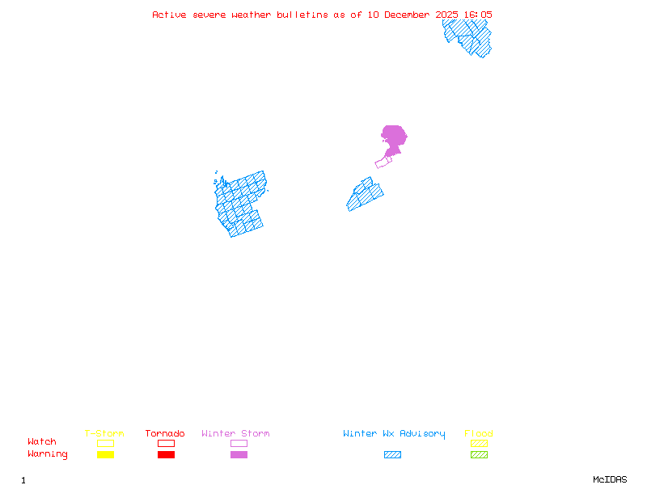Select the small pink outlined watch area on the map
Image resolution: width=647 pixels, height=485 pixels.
[x=383, y=162]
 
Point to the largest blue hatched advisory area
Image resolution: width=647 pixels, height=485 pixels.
[x=241, y=205]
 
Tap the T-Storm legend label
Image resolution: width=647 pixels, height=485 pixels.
[x=104, y=434]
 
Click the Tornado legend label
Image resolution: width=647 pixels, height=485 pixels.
[x=165, y=434]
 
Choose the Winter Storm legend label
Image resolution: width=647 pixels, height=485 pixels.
[x=235, y=434]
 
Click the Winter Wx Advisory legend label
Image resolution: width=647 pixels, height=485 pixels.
[x=394, y=434]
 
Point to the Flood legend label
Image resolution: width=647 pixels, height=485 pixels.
[x=479, y=434]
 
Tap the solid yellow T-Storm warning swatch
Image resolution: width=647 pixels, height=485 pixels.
[x=105, y=455]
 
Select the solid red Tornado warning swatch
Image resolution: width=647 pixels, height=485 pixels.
[x=166, y=455]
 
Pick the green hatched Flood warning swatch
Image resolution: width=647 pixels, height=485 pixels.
[x=479, y=455]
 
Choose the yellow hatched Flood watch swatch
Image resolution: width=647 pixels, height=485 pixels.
[x=479, y=443]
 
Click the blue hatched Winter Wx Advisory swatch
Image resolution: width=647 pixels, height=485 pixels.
[x=392, y=455]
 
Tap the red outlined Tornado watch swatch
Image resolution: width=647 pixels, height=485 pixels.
[x=166, y=443]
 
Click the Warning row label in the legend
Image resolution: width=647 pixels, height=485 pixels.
[x=48, y=454]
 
